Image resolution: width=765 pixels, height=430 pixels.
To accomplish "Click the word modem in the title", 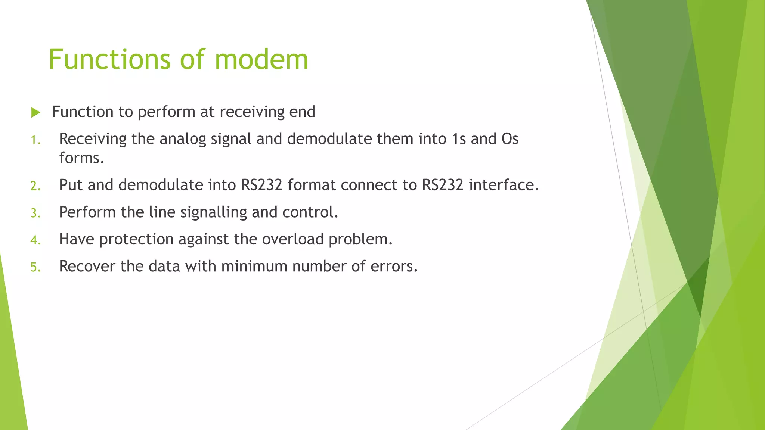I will (261, 60).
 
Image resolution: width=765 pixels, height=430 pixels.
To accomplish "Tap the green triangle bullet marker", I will (36, 112).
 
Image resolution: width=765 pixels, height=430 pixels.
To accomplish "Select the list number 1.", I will (35, 140).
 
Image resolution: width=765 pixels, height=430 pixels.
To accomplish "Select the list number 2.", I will (35, 186).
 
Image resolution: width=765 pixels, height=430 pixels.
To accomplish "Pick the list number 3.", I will (35, 213).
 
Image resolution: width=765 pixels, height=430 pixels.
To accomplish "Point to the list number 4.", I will (35, 240).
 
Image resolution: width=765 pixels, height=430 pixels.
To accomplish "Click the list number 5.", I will (35, 267).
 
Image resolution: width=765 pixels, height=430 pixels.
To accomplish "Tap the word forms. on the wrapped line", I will (81, 158).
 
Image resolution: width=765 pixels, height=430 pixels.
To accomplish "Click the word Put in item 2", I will (71, 185).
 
